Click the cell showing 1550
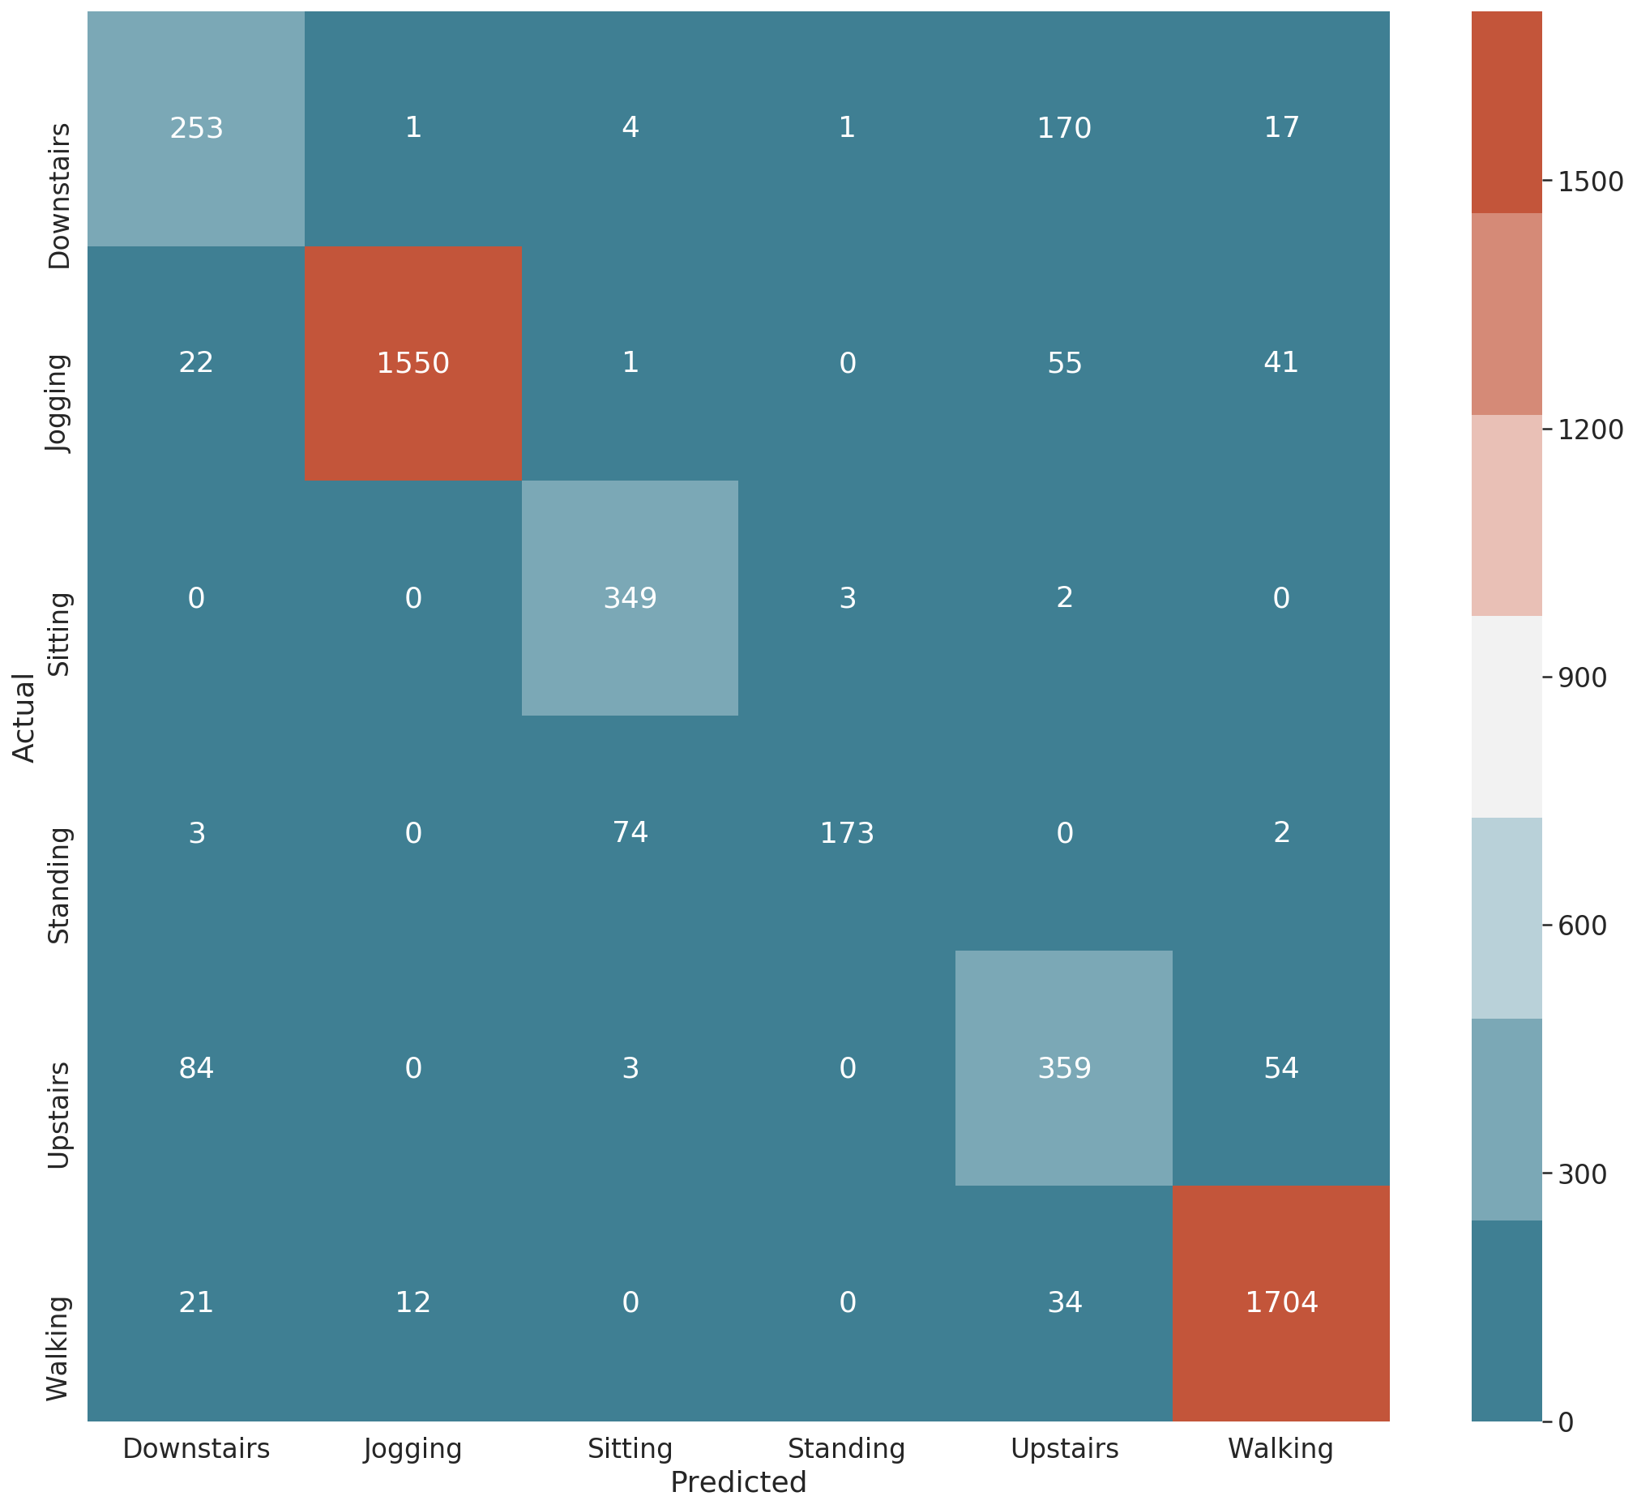(413, 362)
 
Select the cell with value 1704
(1281, 1302)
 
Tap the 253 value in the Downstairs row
(196, 128)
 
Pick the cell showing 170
(1064, 128)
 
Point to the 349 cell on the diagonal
(630, 599)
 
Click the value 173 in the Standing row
(847, 833)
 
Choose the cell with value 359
(1064, 1068)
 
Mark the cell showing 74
(630, 832)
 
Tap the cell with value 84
(196, 1068)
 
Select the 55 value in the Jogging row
(1064, 362)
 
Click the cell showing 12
(413, 1302)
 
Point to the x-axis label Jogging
(413, 1448)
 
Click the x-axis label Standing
(847, 1448)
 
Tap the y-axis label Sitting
(60, 635)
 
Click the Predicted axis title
(738, 1482)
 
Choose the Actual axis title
(24, 717)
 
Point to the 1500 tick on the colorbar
(1591, 182)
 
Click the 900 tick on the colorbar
(1582, 678)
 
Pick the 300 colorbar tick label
(1582, 1174)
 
